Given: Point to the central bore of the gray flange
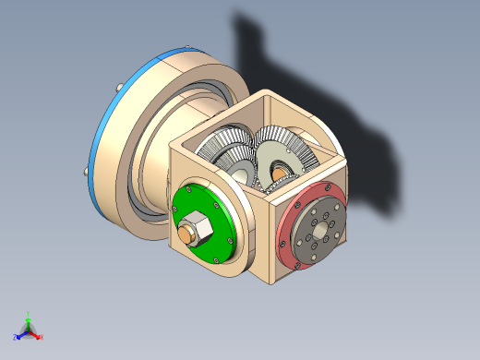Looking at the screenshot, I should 319,234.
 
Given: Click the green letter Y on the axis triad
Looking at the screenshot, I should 29,313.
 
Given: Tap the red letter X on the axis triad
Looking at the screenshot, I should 42,337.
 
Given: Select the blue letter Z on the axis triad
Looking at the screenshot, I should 17,337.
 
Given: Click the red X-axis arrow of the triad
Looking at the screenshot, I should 35,333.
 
